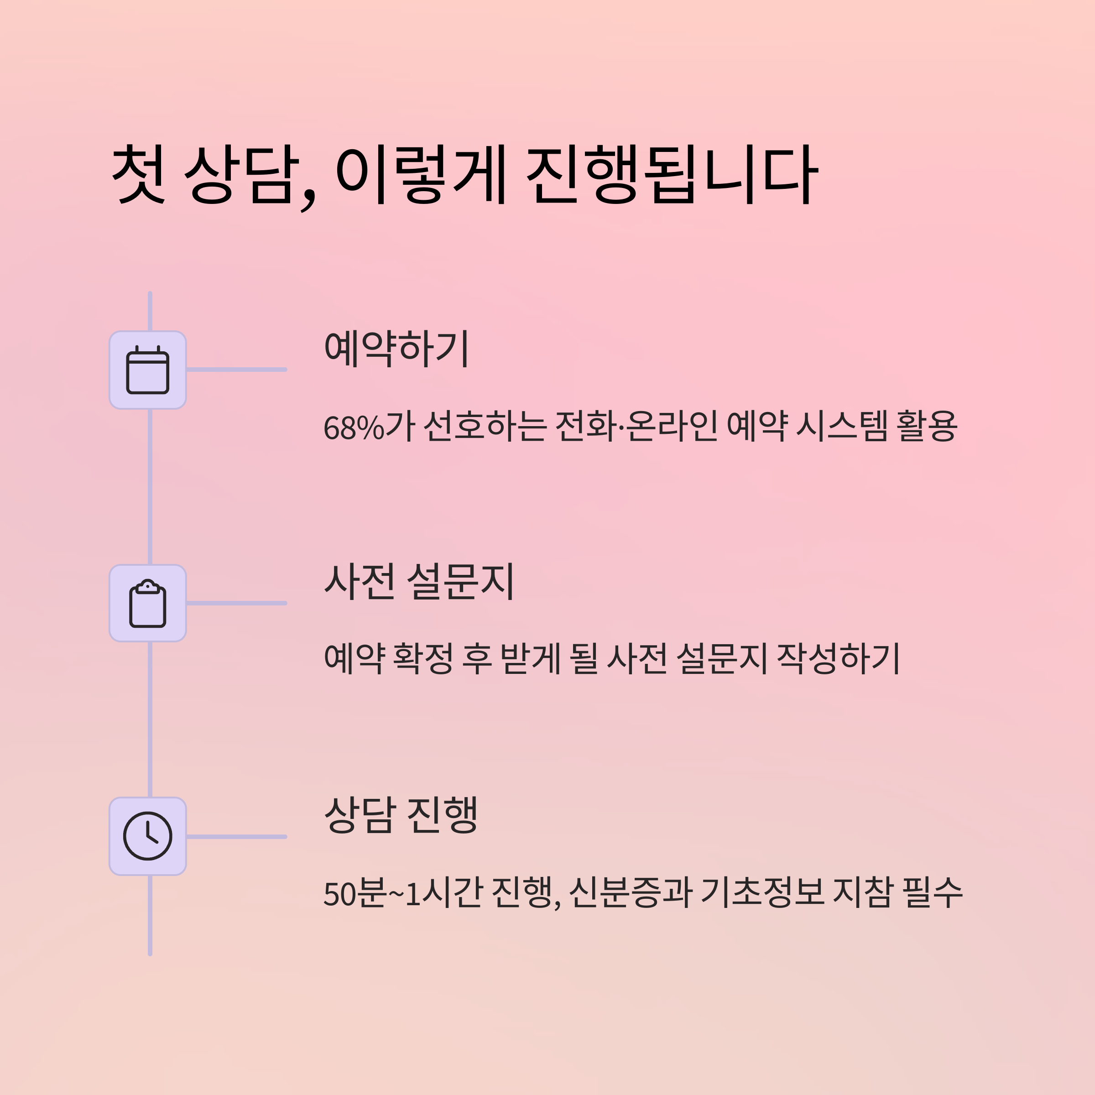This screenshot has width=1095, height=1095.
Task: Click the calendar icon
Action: coord(147,370)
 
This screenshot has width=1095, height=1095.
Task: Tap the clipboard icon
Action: coord(147,604)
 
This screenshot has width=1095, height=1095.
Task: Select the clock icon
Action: coord(147,837)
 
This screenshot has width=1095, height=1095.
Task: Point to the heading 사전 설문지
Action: coord(419,582)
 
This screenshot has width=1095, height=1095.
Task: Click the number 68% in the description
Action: coord(354,428)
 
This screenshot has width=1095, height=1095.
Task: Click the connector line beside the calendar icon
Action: coord(236,370)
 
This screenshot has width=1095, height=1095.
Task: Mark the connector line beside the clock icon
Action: coord(236,837)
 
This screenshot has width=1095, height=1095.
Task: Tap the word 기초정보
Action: coord(762,893)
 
